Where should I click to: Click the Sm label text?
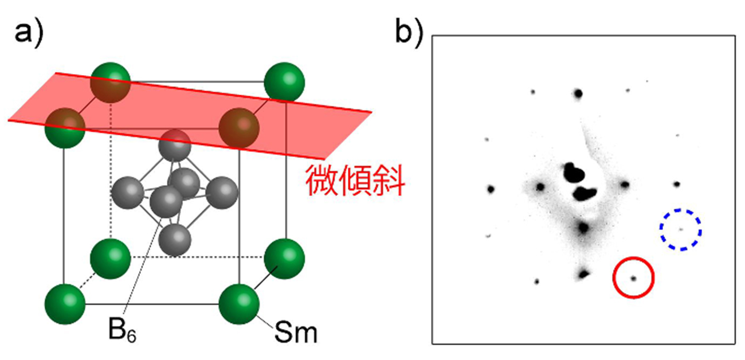point(295,331)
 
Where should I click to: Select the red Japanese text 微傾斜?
point(355,182)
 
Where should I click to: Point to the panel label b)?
point(410,32)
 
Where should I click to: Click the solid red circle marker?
point(633,278)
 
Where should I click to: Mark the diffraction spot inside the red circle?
point(633,279)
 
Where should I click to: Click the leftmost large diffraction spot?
point(491,189)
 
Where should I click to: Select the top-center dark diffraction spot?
point(578,93)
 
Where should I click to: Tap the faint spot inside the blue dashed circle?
point(681,230)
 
